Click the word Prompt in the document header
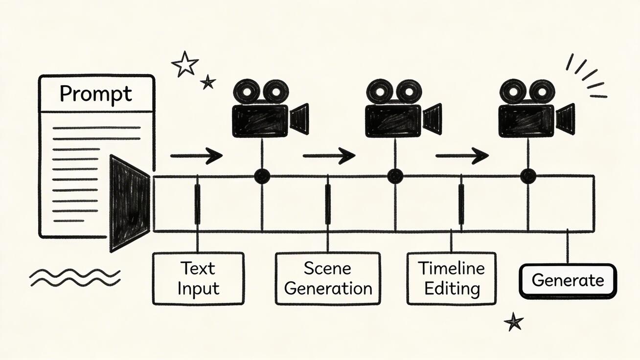[x=96, y=94]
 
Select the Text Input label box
[x=198, y=278]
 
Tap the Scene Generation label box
[x=328, y=278]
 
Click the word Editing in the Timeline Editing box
[x=452, y=289]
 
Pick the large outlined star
[x=185, y=64]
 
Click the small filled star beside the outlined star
[x=208, y=82]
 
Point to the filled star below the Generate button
[x=514, y=322]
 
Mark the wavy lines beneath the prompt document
[x=74, y=277]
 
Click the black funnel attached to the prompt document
[x=128, y=202]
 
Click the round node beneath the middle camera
[x=395, y=176]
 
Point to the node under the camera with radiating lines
[x=528, y=176]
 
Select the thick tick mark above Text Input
[x=197, y=204]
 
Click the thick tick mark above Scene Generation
[x=327, y=204]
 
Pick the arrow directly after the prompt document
[x=196, y=156]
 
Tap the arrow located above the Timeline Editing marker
[x=462, y=156]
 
